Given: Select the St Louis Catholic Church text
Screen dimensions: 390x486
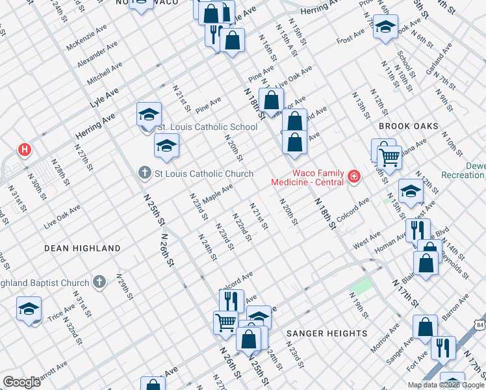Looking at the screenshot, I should click(203, 174).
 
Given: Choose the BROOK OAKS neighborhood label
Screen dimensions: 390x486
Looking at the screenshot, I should click(410, 126).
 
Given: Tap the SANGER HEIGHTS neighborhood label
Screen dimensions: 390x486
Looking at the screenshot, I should click(327, 333).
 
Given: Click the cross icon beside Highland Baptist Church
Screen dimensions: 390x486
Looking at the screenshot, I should click(99, 282).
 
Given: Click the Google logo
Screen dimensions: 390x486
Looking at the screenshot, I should click(22, 382).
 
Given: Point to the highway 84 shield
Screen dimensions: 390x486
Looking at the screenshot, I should click(480, 324).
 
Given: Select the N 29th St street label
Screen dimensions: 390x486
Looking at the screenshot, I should click(124, 286).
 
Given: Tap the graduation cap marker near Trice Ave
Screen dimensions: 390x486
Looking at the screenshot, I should click(29, 308).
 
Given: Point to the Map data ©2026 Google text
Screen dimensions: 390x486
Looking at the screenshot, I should click(446, 385).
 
